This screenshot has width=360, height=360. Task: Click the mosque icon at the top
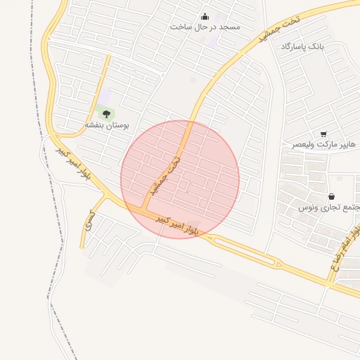pos(205,16)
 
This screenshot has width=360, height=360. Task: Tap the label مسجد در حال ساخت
pos(205,27)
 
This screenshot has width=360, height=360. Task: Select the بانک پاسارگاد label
pos(304,46)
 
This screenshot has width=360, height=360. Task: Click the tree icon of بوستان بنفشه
pos(107,113)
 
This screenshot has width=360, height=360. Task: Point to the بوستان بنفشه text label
pos(107,124)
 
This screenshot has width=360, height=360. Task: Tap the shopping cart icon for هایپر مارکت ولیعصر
pos(323,134)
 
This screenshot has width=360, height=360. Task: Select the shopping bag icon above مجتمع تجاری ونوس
pos(331,196)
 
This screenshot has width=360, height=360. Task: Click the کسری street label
pos(89,221)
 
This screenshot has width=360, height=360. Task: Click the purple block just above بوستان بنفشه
pos(105,96)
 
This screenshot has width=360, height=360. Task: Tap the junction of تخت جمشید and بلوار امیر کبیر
pos(146,209)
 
